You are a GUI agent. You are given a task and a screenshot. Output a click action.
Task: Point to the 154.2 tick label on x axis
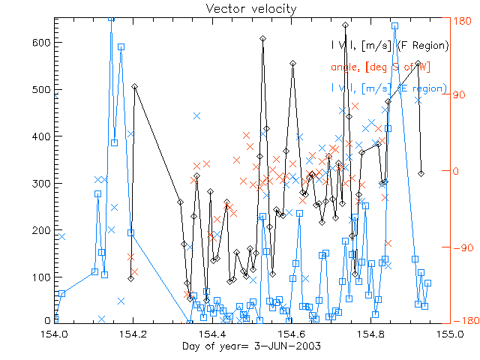(x=133, y=333)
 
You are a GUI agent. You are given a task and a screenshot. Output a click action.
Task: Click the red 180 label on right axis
(x=462, y=20)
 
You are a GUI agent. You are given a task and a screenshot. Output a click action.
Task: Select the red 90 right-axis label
(x=460, y=96)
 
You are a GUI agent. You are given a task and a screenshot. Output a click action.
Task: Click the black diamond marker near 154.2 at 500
(x=134, y=87)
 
